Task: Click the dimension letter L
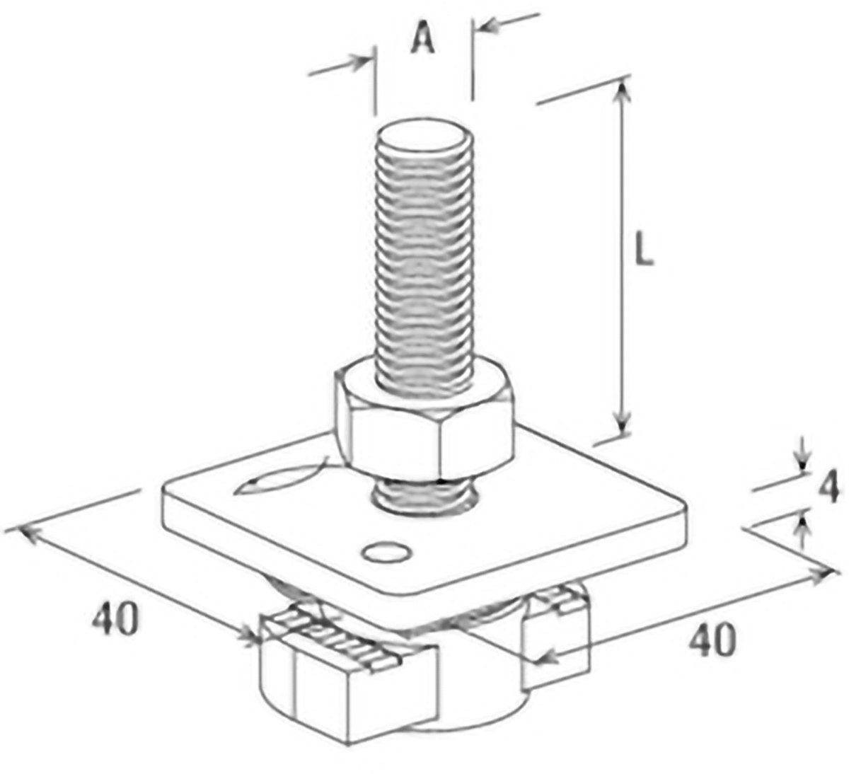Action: tap(645, 250)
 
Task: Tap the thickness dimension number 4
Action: tap(828, 488)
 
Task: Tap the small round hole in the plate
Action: tap(387, 552)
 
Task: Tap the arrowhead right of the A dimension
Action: tap(487, 27)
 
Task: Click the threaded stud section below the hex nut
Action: tap(424, 496)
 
